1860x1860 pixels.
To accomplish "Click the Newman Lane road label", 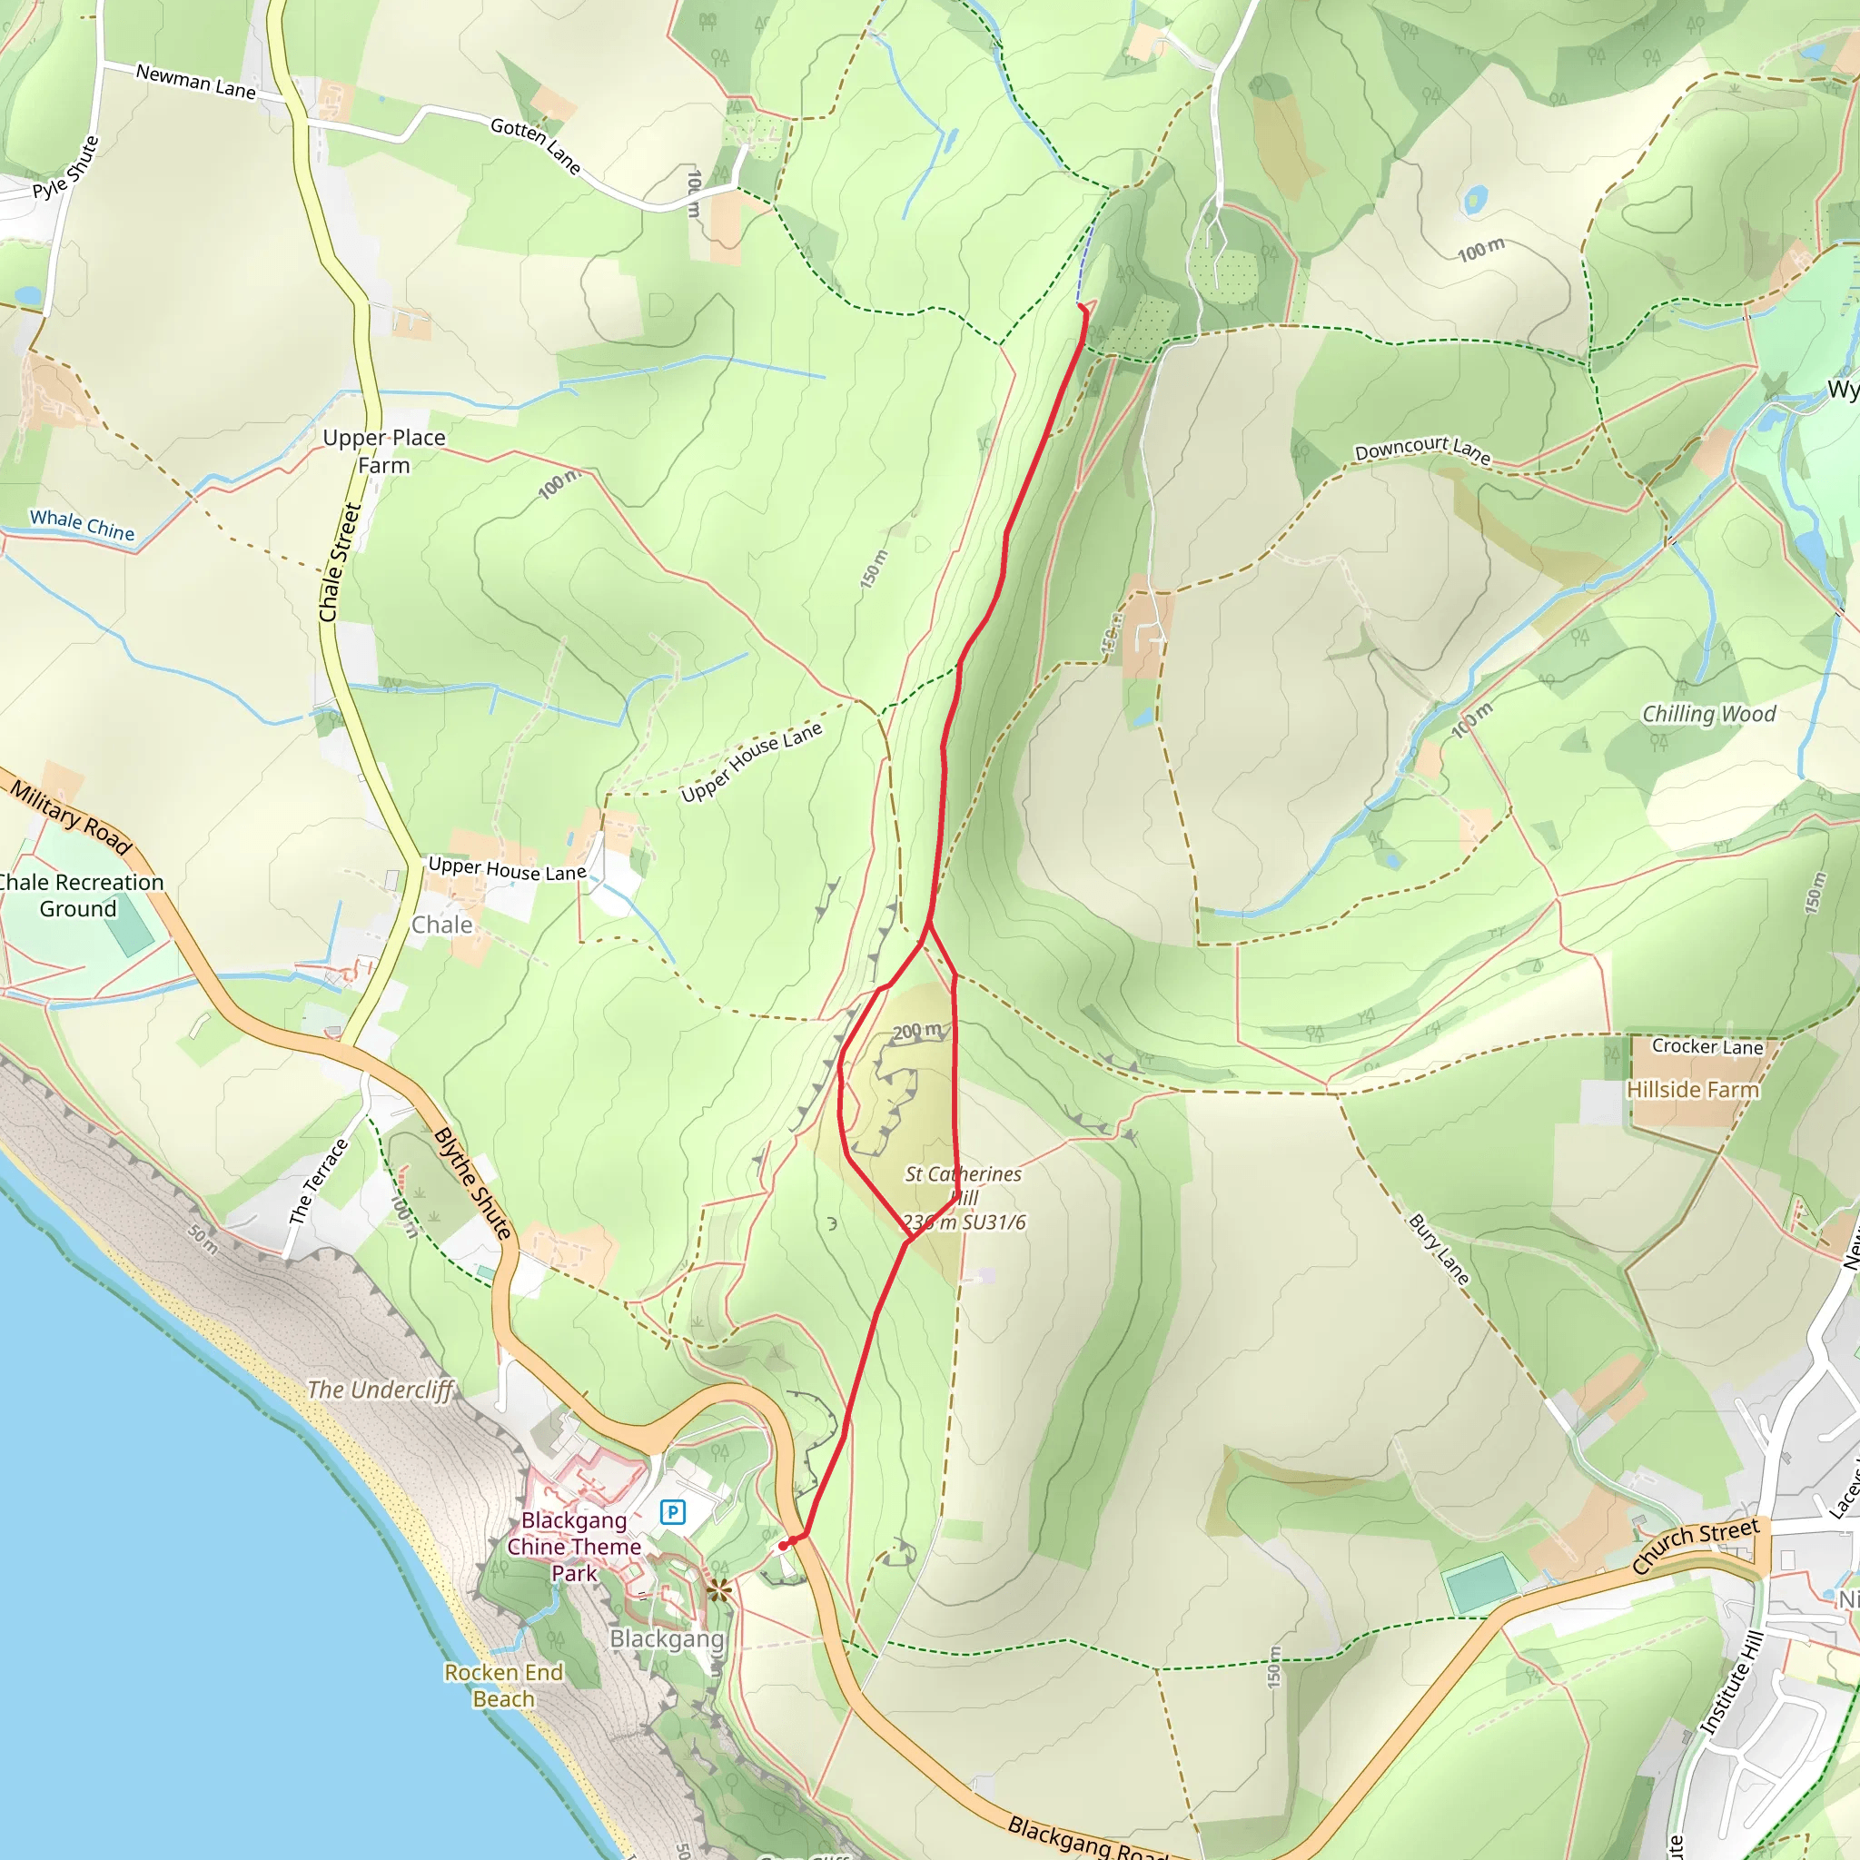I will coord(195,81).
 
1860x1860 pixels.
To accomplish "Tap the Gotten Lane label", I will coord(535,146).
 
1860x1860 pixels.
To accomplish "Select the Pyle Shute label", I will coord(65,169).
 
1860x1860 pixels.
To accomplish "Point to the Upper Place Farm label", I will coord(384,451).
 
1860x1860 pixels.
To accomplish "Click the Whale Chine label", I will coord(82,525).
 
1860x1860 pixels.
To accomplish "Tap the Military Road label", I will coord(70,817).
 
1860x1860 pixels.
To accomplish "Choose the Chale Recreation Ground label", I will coord(80,895).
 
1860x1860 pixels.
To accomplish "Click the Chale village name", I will coord(442,925).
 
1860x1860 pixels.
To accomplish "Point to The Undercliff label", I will coord(380,1390).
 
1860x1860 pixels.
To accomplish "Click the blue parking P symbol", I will coord(672,1511).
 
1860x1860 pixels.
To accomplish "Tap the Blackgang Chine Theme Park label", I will coord(574,1546).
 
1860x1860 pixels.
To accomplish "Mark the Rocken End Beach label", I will coord(503,1685).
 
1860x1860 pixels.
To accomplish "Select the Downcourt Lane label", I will coord(1422,450).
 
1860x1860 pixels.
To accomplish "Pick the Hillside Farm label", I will coord(1693,1090).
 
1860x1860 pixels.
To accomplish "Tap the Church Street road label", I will coord(1696,1545).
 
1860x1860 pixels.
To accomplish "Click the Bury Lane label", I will coord(1440,1250).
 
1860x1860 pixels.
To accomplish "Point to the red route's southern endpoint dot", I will coord(784,1545).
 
